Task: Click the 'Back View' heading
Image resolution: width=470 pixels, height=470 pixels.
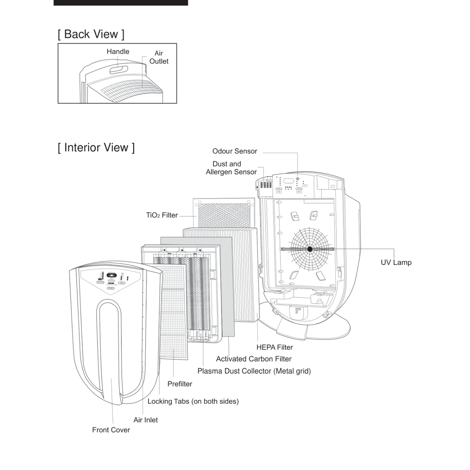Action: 91,34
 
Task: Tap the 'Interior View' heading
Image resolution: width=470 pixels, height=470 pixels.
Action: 96,148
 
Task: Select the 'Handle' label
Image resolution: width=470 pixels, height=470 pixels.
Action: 118,51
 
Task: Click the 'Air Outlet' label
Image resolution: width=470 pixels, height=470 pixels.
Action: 159,57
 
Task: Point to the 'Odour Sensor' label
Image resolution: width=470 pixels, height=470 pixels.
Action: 235,151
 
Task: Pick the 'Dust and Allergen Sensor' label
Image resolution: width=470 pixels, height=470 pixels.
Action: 231,168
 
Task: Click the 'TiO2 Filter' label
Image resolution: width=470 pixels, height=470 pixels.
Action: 162,215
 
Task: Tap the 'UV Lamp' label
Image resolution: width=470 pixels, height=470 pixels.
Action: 396,262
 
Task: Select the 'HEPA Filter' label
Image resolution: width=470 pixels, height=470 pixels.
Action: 275,347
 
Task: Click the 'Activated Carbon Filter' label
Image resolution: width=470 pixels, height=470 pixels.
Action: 254,359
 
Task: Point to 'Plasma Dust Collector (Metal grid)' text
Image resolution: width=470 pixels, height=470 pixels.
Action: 254,371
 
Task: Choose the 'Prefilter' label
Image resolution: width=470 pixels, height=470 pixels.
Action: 180,384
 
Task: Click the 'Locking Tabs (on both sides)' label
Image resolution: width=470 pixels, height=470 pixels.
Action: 193,401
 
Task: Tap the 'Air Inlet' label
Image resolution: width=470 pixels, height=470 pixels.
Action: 146,420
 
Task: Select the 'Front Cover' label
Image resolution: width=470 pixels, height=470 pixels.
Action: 111,430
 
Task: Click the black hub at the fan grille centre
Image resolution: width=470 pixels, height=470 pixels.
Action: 310,249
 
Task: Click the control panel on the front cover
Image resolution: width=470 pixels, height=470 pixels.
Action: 111,281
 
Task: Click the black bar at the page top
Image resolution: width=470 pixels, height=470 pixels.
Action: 121,3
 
